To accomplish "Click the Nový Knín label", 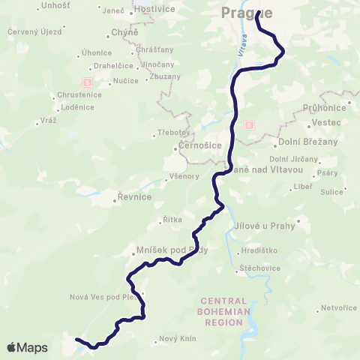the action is point(178,339).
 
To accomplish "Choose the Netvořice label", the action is point(338,307).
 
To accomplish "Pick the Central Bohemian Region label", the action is point(219,308).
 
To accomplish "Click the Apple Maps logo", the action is point(27,347).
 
